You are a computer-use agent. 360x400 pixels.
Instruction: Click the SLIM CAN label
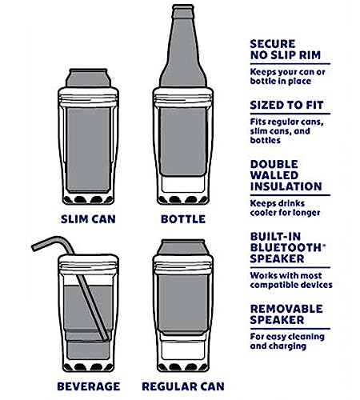tap(88, 219)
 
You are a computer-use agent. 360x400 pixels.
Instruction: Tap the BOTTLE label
tap(183, 219)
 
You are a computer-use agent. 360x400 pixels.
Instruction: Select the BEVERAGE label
tap(89, 386)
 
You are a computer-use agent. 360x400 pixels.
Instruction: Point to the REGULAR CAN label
tap(183, 386)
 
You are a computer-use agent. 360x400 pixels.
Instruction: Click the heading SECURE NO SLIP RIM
tap(285, 50)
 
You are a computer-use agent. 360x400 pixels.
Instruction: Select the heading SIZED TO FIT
tap(286, 105)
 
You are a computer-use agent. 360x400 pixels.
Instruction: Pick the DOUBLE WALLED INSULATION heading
tap(286, 175)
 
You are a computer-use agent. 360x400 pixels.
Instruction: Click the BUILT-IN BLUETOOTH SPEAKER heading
tap(288, 248)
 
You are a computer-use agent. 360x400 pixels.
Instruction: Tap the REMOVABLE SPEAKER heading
tap(286, 314)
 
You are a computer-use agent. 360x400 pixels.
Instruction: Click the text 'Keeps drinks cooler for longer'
tap(285, 208)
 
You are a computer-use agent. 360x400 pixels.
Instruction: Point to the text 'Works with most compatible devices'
tap(291, 280)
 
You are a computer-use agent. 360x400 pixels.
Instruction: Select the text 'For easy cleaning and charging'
tap(287, 342)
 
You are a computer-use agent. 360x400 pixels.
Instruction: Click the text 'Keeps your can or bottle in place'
tap(287, 77)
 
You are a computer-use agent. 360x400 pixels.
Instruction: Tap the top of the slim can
tap(88, 71)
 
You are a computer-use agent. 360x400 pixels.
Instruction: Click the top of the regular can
tap(183, 242)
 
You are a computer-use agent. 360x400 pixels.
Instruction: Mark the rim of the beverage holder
tap(88, 264)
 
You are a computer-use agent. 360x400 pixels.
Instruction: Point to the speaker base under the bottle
tap(183, 199)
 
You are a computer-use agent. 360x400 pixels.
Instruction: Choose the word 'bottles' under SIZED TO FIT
tap(266, 140)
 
